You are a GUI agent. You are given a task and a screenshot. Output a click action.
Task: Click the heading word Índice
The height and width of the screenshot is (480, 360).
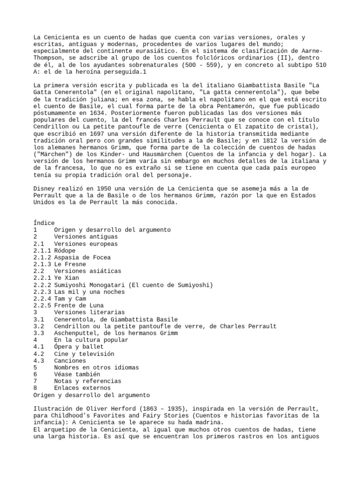tap(44, 223)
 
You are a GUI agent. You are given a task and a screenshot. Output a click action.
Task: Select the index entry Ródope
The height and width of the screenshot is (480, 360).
tap(66, 250)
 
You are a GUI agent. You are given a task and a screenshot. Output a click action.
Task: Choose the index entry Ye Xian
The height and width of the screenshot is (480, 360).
tap(66, 278)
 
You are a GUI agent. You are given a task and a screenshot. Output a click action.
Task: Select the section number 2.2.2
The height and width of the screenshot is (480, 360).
tap(42, 285)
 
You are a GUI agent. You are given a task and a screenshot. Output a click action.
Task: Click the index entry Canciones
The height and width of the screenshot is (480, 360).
tap(70, 360)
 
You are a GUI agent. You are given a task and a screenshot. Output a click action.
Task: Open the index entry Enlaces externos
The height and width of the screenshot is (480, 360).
tap(82, 388)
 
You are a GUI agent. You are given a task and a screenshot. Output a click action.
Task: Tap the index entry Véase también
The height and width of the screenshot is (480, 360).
tap(77, 374)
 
